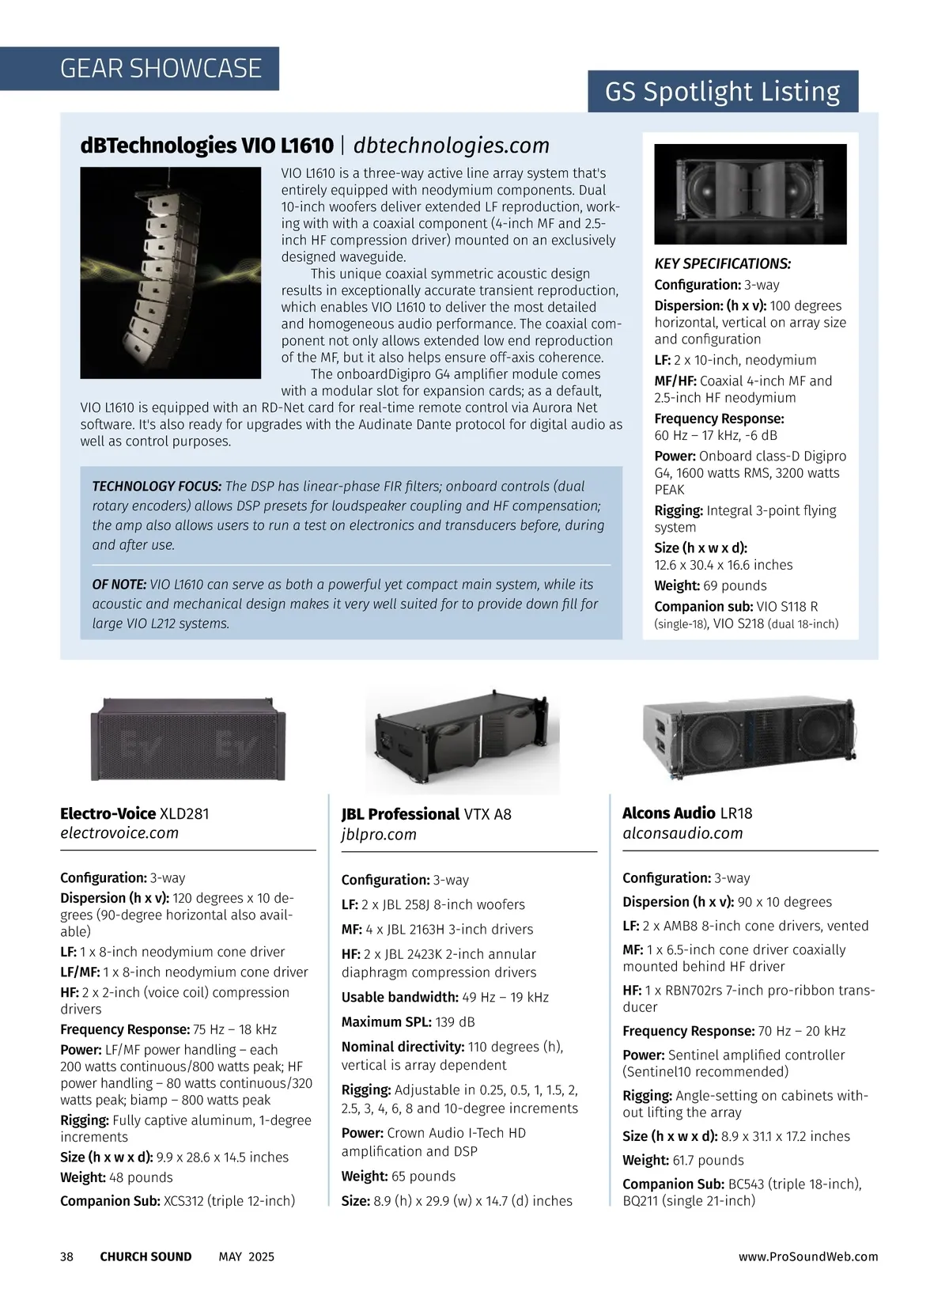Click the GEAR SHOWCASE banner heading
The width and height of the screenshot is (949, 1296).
pyautogui.click(x=161, y=69)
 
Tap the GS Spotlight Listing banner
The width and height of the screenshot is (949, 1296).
pyautogui.click(x=722, y=92)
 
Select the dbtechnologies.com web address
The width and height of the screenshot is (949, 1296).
pyautogui.click(x=451, y=146)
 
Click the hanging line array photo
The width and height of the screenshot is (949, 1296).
pyautogui.click(x=170, y=272)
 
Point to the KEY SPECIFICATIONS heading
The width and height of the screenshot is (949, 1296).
pyautogui.click(x=722, y=264)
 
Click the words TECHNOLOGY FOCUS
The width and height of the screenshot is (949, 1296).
pyautogui.click(x=157, y=487)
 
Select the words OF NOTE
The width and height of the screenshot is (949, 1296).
pyautogui.click(x=119, y=585)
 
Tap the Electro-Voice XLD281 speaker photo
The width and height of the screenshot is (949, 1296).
pyautogui.click(x=187, y=739)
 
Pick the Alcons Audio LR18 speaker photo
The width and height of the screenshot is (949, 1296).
pyautogui.click(x=748, y=738)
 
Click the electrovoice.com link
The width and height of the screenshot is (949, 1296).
pyautogui.click(x=119, y=833)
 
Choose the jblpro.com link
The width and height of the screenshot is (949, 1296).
pyautogui.click(x=379, y=835)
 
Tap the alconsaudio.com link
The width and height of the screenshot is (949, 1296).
pyautogui.click(x=682, y=833)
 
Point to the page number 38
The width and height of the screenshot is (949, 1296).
pyautogui.click(x=67, y=1256)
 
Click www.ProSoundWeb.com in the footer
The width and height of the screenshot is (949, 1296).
pyautogui.click(x=807, y=1256)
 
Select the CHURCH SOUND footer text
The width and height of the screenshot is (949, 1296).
pyautogui.click(x=146, y=1256)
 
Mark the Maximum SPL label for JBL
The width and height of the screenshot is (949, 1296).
pyautogui.click(x=386, y=1022)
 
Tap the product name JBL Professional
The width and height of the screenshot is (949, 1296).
pyautogui.click(x=400, y=814)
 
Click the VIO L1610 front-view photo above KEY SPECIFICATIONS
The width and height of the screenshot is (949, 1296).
pyautogui.click(x=750, y=194)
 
